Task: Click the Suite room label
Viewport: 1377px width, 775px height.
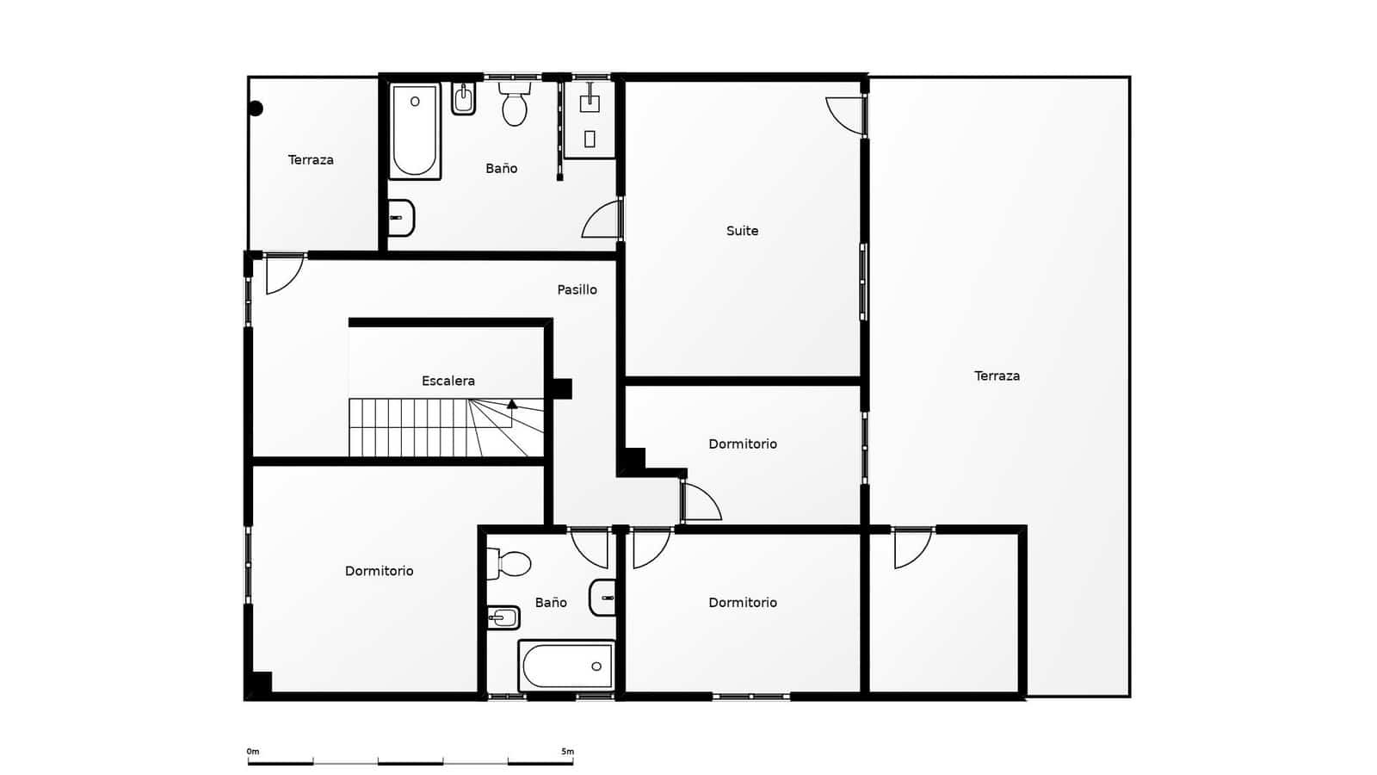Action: coord(742,231)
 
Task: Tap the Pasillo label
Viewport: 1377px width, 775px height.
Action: coord(577,289)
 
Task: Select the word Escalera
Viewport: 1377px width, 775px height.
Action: coord(448,381)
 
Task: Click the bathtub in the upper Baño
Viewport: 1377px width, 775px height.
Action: coord(415,131)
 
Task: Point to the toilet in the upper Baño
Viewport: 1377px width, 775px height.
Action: coord(515,104)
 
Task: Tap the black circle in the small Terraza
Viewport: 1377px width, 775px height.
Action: coord(256,108)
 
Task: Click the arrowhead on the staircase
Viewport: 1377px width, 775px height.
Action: coord(512,404)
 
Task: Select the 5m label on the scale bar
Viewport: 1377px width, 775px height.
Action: coord(567,752)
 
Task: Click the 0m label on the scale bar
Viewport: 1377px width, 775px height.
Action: coord(253,752)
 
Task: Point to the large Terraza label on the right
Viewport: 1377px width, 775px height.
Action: coord(997,375)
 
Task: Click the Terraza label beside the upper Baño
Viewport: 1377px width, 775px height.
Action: coord(311,160)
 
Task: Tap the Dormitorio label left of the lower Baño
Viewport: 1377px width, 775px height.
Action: coord(379,571)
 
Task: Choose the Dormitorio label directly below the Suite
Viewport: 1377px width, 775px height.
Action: coord(743,443)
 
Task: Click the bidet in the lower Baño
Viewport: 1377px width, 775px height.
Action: coord(503,617)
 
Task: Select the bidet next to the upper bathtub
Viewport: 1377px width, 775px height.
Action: coord(464,98)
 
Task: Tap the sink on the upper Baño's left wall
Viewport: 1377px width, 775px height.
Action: coord(401,218)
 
